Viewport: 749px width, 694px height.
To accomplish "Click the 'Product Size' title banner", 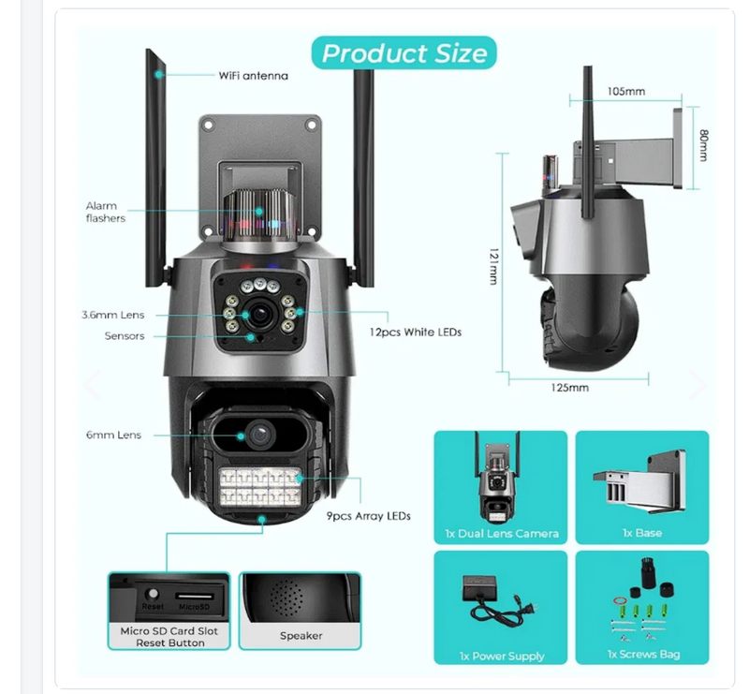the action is (404, 52).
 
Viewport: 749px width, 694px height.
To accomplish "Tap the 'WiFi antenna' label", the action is (253, 76).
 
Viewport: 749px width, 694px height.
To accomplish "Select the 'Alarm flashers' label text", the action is (106, 212).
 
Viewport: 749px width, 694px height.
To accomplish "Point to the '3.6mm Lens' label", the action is (112, 315).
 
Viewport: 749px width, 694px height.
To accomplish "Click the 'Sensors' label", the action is (125, 336).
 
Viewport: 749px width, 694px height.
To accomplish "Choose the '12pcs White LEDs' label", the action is (415, 332).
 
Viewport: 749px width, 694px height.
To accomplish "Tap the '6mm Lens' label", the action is (113, 435).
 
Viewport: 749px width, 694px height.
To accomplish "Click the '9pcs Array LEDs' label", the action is (368, 516).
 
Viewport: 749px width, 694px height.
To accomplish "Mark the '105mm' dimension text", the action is (626, 91).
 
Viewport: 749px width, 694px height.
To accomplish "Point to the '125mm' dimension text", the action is (569, 388).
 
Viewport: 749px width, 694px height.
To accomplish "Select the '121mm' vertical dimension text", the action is (493, 266).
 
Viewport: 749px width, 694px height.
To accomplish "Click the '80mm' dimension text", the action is (703, 145).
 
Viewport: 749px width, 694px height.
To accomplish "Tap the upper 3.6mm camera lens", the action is (259, 314).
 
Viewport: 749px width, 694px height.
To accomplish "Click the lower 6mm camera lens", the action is (260, 435).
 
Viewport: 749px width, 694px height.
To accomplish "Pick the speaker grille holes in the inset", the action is (286, 597).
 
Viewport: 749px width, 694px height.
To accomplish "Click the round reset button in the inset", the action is (153, 594).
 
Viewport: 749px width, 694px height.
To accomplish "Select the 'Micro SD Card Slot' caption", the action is (169, 631).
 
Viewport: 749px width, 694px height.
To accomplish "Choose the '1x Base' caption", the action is (642, 533).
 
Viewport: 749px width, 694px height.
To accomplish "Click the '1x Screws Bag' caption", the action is (643, 655).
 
